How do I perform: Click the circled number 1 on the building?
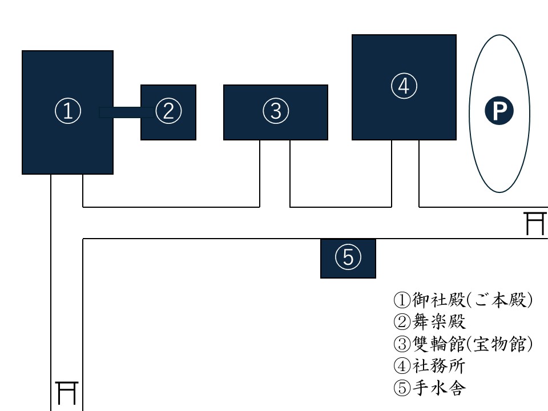coord(67,112)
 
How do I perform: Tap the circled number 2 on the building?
coord(168,112)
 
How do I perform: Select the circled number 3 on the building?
coord(276,112)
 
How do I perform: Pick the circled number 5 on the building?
coord(348,259)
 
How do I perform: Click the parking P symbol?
coord(499,112)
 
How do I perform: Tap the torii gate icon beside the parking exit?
coord(535,223)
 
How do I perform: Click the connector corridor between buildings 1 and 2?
coord(127,112)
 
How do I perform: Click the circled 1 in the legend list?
coord(402,300)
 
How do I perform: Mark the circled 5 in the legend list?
coord(402,389)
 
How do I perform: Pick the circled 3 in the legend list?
coord(402,344)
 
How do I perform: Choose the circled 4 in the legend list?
coord(402,366)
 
